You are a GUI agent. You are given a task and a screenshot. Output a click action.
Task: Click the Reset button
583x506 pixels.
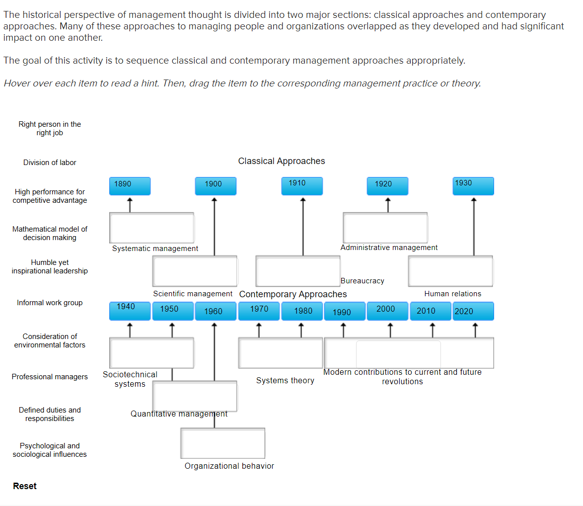click(25, 486)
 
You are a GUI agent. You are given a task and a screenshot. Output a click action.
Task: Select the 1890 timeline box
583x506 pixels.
click(130, 186)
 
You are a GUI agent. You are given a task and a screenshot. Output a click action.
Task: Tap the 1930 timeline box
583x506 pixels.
click(473, 186)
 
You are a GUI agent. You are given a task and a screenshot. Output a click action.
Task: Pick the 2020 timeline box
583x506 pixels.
click(473, 311)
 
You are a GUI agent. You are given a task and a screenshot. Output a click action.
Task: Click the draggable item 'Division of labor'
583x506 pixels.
click(50, 163)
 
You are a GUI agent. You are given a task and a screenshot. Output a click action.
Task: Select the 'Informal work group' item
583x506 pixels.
click(50, 303)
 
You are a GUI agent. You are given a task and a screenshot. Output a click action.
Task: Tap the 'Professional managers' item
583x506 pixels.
click(50, 377)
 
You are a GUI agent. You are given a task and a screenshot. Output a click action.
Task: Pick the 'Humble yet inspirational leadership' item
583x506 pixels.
click(50, 266)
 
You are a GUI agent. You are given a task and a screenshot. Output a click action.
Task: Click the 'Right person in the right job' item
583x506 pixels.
click(50, 128)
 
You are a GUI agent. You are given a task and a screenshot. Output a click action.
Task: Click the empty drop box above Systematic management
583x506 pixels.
click(151, 228)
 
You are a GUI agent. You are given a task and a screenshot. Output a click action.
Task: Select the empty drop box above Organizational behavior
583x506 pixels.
click(222, 443)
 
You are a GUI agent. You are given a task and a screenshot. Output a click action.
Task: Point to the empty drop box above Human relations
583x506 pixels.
click(450, 271)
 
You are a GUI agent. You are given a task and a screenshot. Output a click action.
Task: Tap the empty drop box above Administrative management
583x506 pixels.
click(385, 228)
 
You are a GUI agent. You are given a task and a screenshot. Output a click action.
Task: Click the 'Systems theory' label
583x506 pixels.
click(285, 381)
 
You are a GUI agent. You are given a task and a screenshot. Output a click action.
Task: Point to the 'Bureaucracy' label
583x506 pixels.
click(363, 281)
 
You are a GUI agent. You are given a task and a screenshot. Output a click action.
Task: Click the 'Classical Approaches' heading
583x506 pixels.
click(282, 161)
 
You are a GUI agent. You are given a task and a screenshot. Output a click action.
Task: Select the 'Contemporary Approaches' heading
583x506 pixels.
click(293, 294)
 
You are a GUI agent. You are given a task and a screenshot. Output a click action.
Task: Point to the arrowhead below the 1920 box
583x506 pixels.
click(388, 201)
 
